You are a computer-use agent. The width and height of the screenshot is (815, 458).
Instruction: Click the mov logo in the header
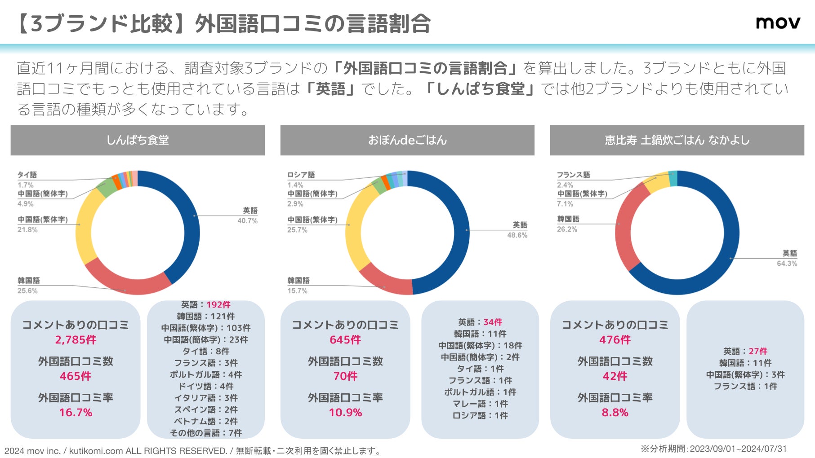(778, 22)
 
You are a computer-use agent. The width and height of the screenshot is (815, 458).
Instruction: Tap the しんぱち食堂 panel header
(138, 140)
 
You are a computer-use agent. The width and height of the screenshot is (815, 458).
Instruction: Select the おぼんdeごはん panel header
(407, 140)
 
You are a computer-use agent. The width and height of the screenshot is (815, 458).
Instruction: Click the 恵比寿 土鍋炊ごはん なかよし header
(677, 140)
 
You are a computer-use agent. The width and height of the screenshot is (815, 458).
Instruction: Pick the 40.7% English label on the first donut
(248, 220)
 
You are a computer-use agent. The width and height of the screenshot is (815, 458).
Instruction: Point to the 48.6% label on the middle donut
(517, 235)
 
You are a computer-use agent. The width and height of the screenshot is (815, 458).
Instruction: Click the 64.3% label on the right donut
(787, 263)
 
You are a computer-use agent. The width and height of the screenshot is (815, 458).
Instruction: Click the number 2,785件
(76, 340)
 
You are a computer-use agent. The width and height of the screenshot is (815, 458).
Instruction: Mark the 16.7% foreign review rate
(76, 413)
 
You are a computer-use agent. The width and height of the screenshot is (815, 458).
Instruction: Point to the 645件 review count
(345, 340)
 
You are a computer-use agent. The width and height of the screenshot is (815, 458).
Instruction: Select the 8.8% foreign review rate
(615, 413)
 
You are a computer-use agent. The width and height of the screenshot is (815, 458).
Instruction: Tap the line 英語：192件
(206, 305)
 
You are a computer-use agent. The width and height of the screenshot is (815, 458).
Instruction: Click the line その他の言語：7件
(206, 433)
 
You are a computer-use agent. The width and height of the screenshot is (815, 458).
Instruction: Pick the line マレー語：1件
(480, 404)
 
